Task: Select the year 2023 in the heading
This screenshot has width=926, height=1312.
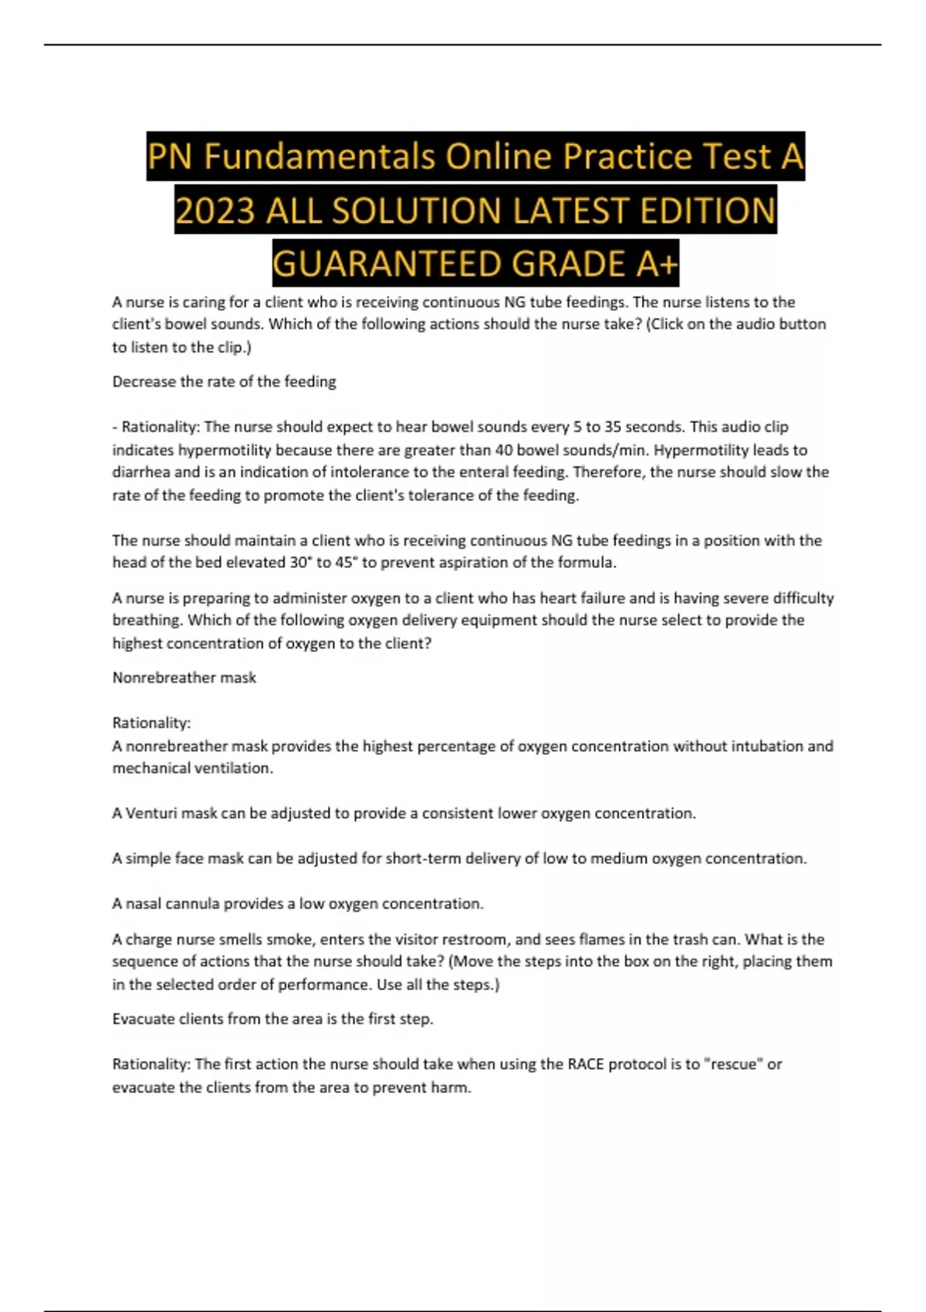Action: coord(215,211)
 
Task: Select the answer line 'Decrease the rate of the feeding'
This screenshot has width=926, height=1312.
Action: coord(224,381)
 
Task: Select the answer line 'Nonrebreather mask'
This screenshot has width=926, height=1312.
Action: coord(184,678)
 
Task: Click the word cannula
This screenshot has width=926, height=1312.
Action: coord(191,904)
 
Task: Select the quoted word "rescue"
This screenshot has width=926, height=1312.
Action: coord(732,1064)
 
